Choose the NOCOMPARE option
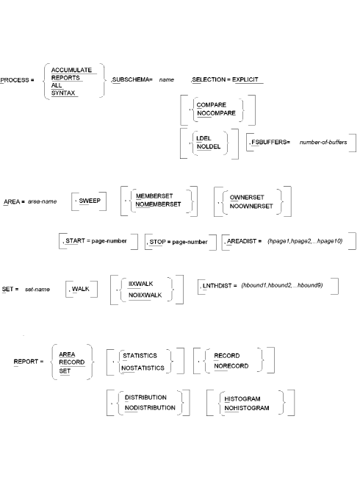tap(220, 112)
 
